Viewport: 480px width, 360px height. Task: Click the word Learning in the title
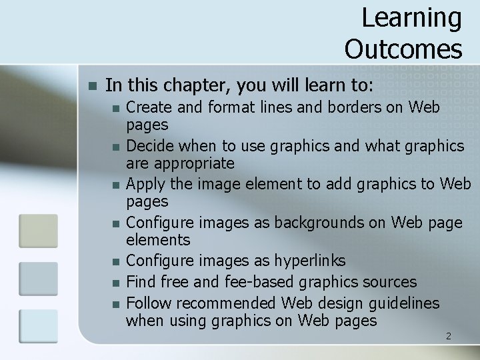click(411, 19)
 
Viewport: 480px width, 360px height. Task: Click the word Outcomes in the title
click(403, 49)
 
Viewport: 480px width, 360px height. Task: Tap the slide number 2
click(448, 336)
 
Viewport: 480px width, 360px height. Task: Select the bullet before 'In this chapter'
click(93, 86)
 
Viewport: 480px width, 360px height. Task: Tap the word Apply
click(144, 183)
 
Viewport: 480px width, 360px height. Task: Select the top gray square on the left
click(38, 231)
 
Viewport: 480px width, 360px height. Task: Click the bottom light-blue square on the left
click(38, 326)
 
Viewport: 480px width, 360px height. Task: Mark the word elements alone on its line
click(158, 240)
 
